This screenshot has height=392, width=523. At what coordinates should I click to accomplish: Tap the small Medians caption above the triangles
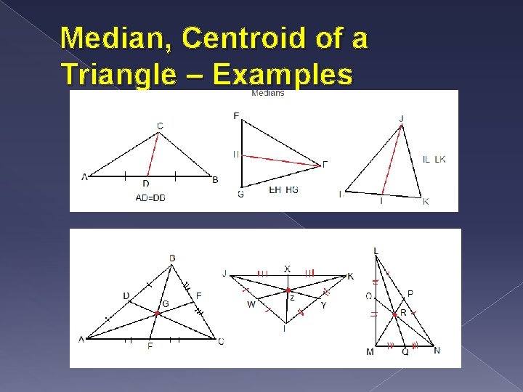pyautogui.click(x=267, y=93)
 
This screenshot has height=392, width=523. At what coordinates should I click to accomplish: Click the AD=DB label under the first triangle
pyautogui.click(x=150, y=197)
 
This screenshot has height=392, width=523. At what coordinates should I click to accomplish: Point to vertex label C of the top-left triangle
pyautogui.click(x=160, y=126)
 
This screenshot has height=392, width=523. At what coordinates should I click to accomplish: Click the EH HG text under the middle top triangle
pyautogui.click(x=283, y=190)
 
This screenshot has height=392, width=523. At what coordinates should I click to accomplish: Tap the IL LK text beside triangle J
pyautogui.click(x=434, y=159)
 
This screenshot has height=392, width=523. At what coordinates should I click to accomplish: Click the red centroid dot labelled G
pyautogui.click(x=158, y=314)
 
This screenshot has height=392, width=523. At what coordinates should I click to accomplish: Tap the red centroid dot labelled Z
pyautogui.click(x=287, y=290)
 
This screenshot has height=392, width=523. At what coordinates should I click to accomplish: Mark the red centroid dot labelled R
pyautogui.click(x=394, y=314)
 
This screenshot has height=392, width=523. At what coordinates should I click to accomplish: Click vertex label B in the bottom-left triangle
pyautogui.click(x=171, y=258)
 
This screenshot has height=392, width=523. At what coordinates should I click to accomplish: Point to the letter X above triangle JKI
pyautogui.click(x=287, y=269)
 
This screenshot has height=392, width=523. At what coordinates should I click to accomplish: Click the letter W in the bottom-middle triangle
pyautogui.click(x=251, y=305)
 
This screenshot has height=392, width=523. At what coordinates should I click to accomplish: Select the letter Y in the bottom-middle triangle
pyautogui.click(x=323, y=306)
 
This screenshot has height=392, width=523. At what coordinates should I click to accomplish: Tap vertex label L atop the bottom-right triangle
pyautogui.click(x=376, y=251)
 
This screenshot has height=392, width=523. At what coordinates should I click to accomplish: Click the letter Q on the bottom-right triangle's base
pyautogui.click(x=405, y=352)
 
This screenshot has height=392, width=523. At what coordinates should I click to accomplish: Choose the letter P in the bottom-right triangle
pyautogui.click(x=410, y=293)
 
